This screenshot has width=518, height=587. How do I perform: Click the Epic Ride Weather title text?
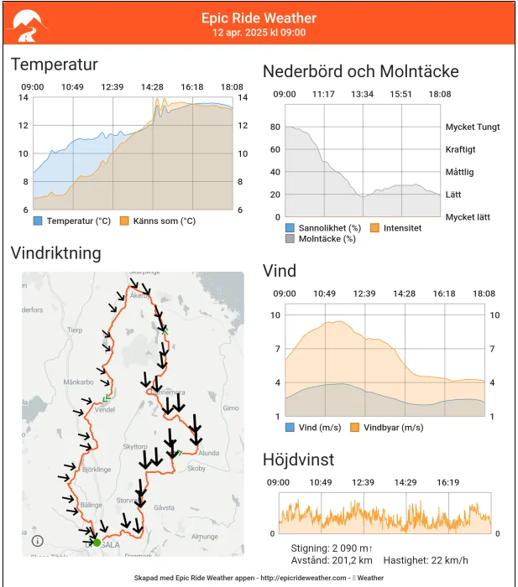tap(259, 18)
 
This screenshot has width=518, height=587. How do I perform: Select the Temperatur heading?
tap(55, 65)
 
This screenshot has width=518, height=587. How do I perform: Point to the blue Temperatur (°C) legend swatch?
tap(38, 221)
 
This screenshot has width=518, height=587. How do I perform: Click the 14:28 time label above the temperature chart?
tap(152, 87)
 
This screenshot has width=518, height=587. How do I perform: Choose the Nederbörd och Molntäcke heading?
tap(361, 71)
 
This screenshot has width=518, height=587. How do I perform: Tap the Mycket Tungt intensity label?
tap(473, 127)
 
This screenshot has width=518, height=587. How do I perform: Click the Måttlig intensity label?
tap(459, 172)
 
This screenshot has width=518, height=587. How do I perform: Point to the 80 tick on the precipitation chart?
tap(275, 127)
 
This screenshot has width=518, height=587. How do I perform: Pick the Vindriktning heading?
tap(56, 253)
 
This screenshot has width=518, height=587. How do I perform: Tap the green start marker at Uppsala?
tap(97, 543)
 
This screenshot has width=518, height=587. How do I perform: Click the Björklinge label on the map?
tap(96, 469)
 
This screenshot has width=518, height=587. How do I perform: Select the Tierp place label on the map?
tap(75, 330)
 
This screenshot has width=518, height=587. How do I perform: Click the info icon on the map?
tap(38, 541)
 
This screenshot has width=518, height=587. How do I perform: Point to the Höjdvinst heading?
tap(298, 460)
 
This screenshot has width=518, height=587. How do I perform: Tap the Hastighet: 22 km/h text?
tap(426, 560)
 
